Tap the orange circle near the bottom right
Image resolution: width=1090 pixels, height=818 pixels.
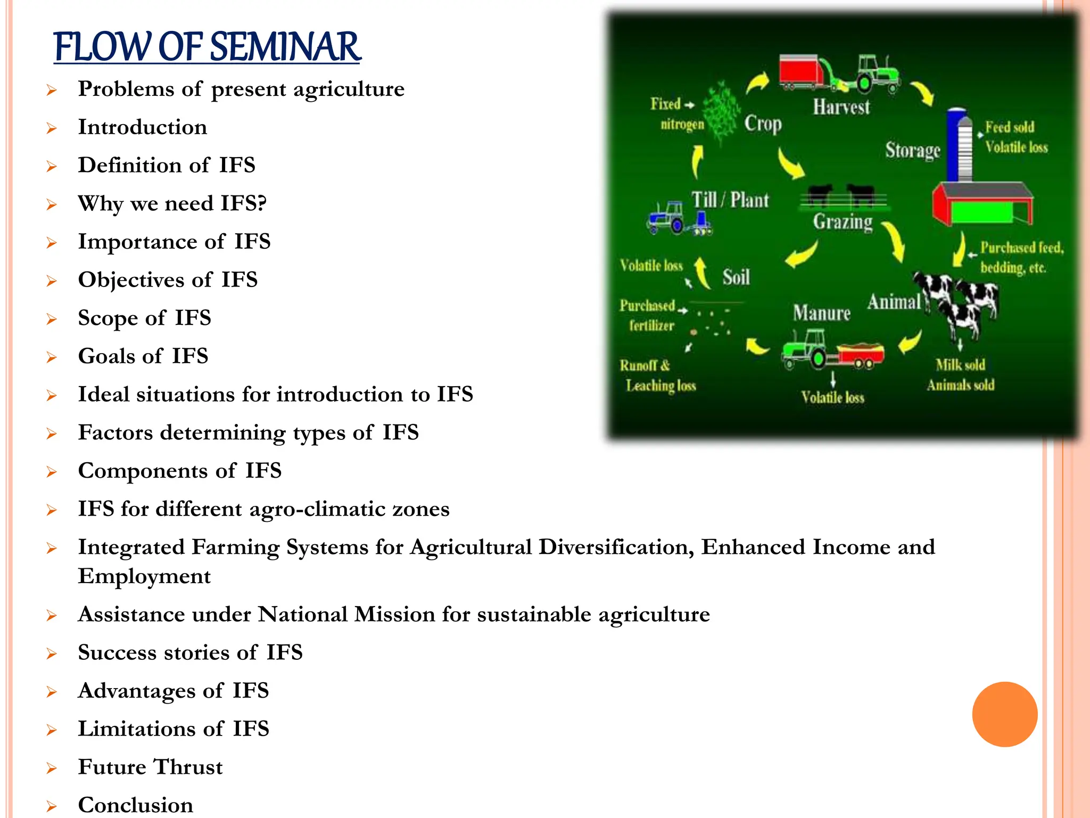click(1004, 714)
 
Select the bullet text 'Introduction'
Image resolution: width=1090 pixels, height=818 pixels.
click(143, 127)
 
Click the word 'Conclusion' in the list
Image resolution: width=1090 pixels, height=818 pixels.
click(136, 805)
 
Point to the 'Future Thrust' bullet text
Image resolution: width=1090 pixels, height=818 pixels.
click(150, 767)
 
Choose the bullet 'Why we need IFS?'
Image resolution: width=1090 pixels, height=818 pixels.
click(172, 203)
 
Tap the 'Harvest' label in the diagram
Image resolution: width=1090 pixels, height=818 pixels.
click(841, 107)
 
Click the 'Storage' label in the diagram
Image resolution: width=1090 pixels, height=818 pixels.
click(912, 150)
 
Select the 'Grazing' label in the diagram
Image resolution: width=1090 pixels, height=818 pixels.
click(843, 221)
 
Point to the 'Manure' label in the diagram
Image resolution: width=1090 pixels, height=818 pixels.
click(821, 313)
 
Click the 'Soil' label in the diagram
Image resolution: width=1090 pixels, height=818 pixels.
click(736, 277)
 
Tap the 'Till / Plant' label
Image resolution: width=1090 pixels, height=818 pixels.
click(730, 200)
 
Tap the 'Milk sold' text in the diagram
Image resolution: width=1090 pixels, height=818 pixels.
click(960, 365)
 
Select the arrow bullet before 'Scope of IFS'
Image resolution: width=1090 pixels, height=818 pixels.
click(51, 319)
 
